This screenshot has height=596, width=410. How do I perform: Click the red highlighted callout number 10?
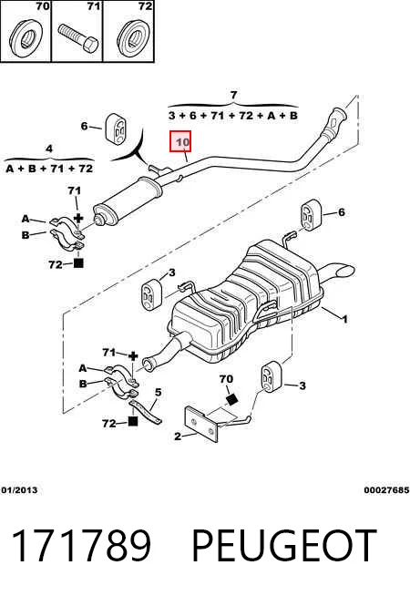tap(182, 142)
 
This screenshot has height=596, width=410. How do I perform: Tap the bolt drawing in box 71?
tap(78, 37)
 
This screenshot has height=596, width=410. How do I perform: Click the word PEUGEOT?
tap(284, 545)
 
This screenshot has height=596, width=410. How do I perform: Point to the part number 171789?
tap(81, 545)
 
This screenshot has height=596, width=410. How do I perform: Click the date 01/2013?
tap(19, 490)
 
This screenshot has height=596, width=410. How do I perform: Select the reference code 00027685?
tap(386, 490)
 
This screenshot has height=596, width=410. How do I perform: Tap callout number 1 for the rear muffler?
tap(344, 319)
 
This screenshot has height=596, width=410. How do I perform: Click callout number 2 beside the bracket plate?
tap(178, 437)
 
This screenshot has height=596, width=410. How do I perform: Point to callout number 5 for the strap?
tap(158, 392)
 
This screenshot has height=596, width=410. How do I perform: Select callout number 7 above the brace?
tap(233, 95)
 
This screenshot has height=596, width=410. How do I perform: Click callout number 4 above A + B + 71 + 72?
tap(49, 149)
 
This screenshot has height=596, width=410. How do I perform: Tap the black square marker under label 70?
tap(231, 399)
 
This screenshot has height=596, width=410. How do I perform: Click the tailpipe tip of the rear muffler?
tap(344, 271)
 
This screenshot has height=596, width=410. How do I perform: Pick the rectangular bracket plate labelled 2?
tap(201, 424)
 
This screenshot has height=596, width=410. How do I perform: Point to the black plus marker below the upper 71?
tap(78, 218)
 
